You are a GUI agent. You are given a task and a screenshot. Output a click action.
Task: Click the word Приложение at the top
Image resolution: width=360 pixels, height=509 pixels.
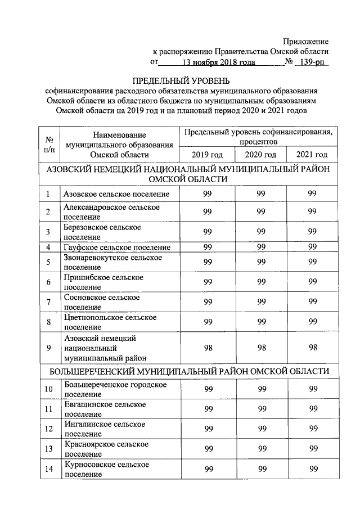point(306,42)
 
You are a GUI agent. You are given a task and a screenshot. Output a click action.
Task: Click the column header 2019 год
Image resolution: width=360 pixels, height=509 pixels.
point(208,155)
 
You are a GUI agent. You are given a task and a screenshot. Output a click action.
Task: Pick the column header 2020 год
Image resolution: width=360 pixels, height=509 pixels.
point(260,155)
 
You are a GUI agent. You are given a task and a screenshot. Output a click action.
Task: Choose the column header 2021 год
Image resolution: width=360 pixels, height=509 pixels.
point(312,155)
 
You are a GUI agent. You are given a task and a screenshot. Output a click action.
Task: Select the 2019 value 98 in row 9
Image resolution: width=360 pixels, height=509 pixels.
point(208,348)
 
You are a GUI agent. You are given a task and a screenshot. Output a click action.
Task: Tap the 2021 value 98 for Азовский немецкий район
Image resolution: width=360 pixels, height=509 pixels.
point(313,348)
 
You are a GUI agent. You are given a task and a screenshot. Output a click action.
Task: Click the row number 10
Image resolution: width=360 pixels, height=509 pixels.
point(49,390)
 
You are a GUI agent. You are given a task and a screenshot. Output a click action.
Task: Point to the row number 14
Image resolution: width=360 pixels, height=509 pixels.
point(49,469)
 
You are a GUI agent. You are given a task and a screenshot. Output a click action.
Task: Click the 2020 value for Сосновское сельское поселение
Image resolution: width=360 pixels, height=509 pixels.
point(260,302)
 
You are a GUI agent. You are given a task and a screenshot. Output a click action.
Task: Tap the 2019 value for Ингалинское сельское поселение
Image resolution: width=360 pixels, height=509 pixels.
point(208,429)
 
